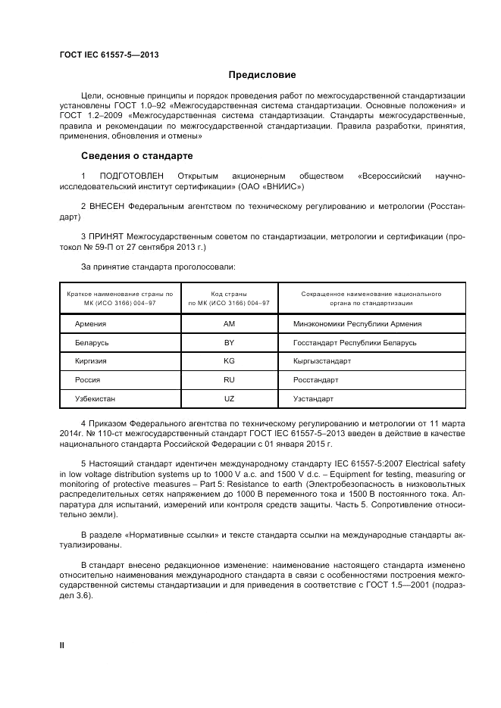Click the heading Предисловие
262,75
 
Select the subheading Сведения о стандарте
136,156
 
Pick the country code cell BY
229,343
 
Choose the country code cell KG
229,361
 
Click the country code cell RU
229,379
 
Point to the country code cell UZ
229,398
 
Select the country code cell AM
229,324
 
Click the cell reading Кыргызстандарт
321,361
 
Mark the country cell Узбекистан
96,398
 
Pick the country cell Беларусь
92,343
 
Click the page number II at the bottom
62,644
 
